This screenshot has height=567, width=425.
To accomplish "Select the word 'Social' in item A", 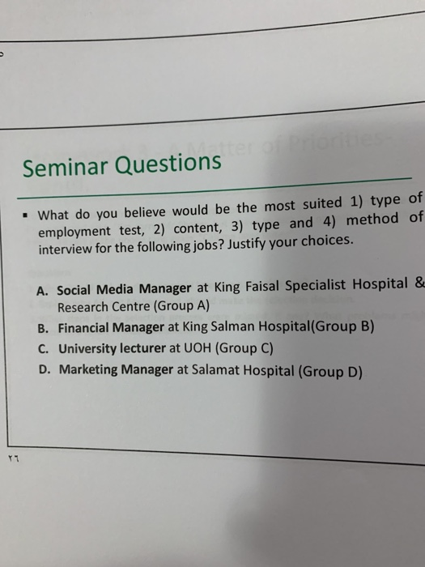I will click(x=76, y=290).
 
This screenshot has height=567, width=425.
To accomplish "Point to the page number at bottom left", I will click(x=13, y=456).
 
